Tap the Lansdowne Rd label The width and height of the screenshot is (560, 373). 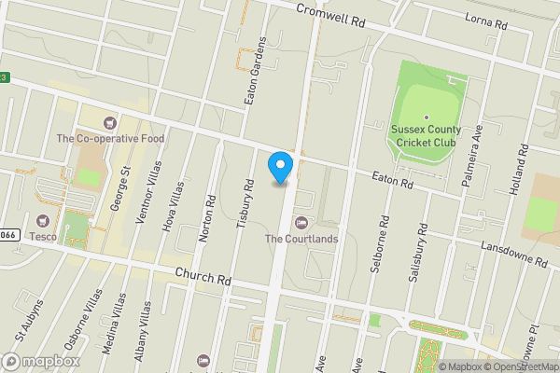click(512, 254)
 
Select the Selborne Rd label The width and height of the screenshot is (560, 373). click(384, 245)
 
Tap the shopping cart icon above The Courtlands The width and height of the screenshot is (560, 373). click(301, 222)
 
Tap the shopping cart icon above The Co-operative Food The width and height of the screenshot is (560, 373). click(110, 122)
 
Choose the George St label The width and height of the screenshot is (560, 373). click(120, 187)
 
